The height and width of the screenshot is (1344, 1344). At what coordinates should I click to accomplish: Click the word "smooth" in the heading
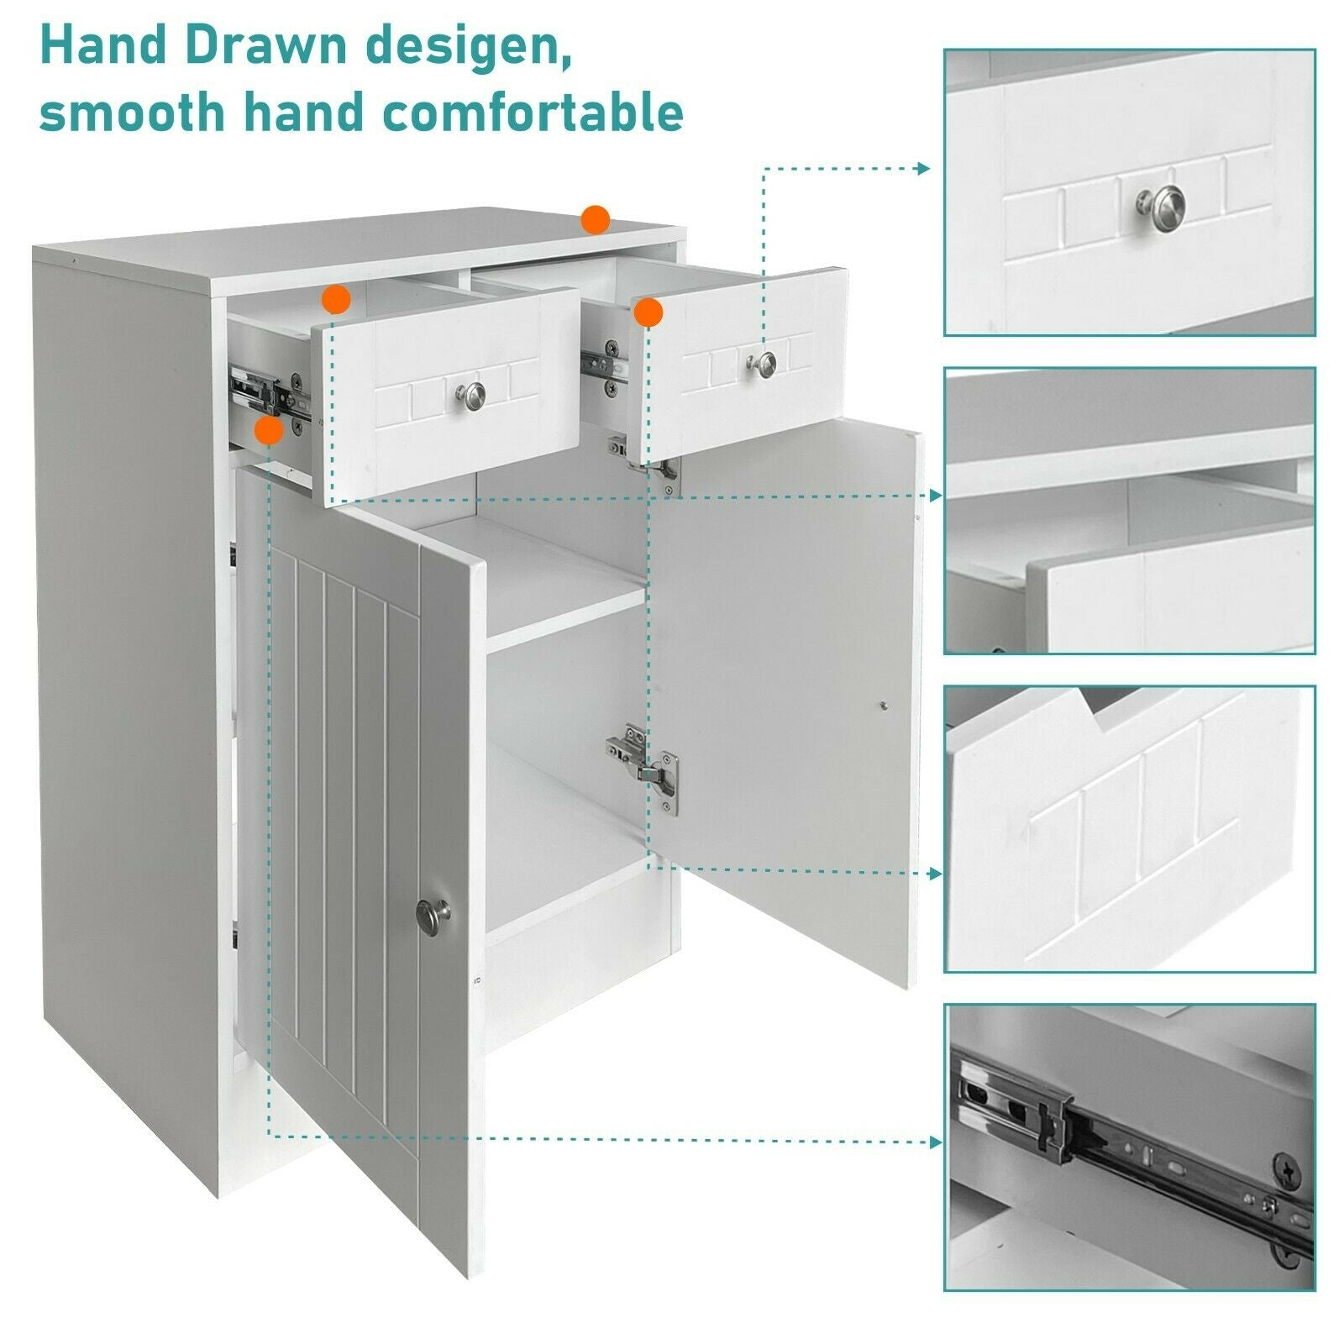click(x=133, y=112)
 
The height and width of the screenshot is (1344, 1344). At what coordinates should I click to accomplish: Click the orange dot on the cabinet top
click(x=596, y=220)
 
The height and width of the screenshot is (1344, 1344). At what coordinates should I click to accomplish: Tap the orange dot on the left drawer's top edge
click(x=336, y=298)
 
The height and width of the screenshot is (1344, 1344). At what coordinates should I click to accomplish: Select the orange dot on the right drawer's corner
click(x=648, y=312)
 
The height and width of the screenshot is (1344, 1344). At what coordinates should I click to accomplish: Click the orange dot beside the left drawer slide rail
click(x=269, y=431)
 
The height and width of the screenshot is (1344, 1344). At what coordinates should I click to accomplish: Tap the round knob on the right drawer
click(x=761, y=362)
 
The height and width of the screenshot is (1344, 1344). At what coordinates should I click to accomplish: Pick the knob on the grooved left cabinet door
click(x=433, y=912)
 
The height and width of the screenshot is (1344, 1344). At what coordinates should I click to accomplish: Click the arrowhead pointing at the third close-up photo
click(x=935, y=874)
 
